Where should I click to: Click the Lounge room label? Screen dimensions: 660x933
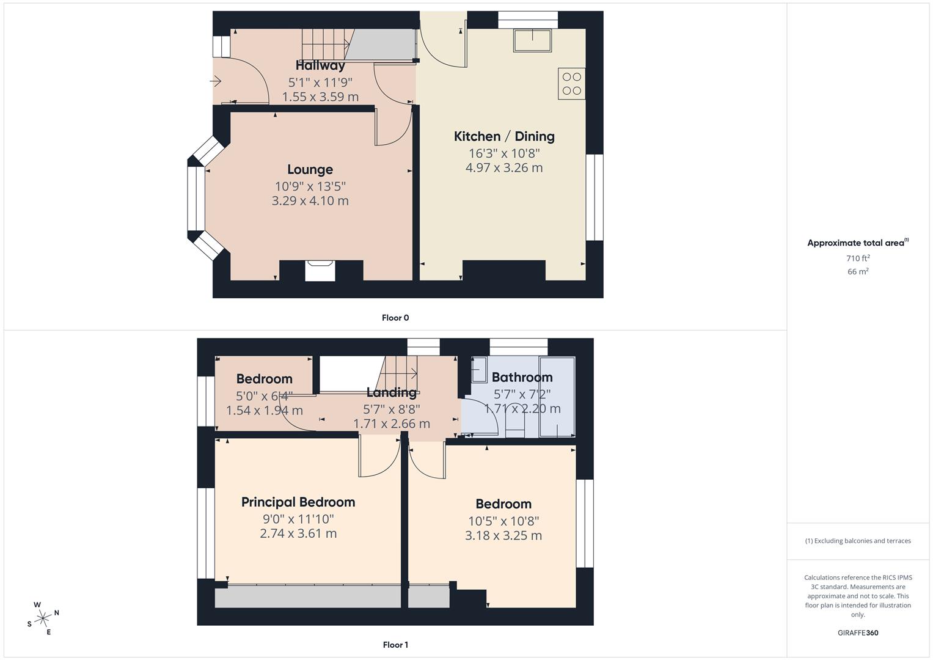[310, 170]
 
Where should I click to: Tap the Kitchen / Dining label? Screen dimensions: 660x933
[504, 136]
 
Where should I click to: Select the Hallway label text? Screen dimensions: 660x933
[320, 65]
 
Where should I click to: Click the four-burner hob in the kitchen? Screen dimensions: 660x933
[571, 84]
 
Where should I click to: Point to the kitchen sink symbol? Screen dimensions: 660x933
[532, 40]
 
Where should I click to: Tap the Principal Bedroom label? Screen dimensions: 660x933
[298, 502]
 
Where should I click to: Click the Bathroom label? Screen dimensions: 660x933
[522, 377]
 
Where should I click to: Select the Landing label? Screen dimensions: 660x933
[391, 392]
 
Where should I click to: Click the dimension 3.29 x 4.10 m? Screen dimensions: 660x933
[310, 201]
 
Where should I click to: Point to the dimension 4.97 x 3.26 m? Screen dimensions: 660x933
[504, 168]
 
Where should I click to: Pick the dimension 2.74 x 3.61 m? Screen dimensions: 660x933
[298, 533]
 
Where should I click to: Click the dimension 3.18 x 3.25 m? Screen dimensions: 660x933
[503, 536]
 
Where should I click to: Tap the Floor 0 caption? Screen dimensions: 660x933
[395, 318]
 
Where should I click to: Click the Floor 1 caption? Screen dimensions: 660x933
[395, 645]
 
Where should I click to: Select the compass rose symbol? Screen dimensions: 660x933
[43, 618]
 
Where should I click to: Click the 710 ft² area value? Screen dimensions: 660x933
[858, 258]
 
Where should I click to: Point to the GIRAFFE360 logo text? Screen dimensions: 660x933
[858, 633]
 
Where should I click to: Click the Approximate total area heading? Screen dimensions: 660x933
[857, 243]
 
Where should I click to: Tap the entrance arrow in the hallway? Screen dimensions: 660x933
[216, 81]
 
